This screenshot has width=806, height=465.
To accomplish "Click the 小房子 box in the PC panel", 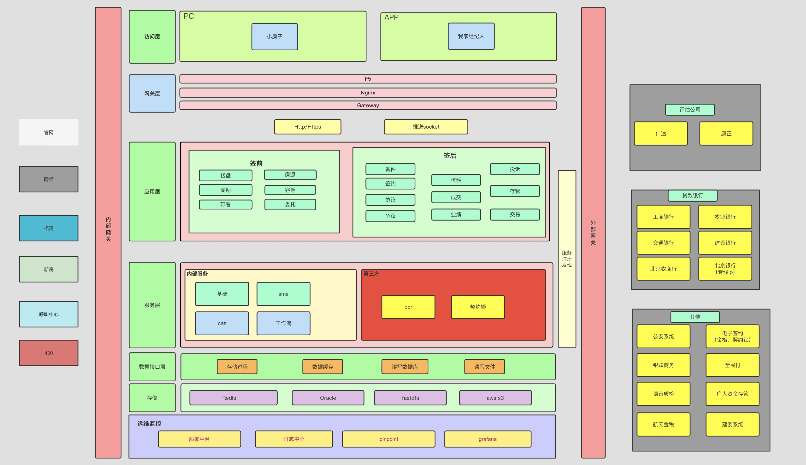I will [274, 37].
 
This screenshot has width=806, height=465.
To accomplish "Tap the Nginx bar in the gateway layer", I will [368, 93].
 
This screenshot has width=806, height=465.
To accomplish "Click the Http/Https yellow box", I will [307, 127].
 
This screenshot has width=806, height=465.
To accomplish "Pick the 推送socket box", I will [425, 127].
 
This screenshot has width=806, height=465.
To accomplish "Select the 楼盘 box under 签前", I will [225, 175].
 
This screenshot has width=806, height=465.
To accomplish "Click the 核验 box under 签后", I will [456, 180].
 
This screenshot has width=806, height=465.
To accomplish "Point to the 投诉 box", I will [515, 169].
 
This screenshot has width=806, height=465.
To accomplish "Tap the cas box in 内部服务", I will [222, 323].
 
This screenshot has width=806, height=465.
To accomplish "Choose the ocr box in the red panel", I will [408, 307].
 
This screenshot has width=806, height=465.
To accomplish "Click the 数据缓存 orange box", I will [322, 367].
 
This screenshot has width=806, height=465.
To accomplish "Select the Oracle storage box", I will [328, 398].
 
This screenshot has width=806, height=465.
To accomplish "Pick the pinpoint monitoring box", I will [388, 439].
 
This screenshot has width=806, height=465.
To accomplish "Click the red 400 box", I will [48, 353].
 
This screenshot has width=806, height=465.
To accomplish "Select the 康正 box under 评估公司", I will [726, 133].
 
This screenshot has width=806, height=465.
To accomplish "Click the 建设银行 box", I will [725, 243].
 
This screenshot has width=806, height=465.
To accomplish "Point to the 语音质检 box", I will [663, 394].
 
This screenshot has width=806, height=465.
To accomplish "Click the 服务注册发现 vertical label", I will [567, 259].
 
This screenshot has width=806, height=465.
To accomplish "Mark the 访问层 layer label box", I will [152, 37].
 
